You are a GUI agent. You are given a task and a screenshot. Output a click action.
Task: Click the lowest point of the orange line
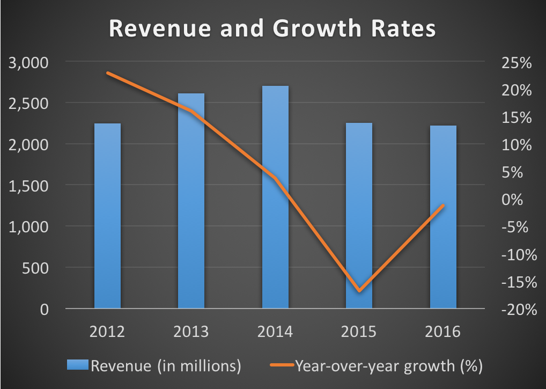coord(359,291)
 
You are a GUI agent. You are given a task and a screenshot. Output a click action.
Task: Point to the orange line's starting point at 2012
coord(108,73)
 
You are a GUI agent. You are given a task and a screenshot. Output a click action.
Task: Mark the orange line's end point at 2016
coord(443,205)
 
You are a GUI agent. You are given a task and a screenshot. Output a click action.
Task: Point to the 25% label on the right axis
coord(517,63)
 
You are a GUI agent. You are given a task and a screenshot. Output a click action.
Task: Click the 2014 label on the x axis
coord(275,332)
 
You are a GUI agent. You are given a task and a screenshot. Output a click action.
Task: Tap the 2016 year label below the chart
coord(443,332)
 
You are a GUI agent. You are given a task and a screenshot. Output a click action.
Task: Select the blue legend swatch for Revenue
coord(78,366)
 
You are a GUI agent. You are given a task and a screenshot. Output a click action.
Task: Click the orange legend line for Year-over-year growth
coord(278,366)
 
